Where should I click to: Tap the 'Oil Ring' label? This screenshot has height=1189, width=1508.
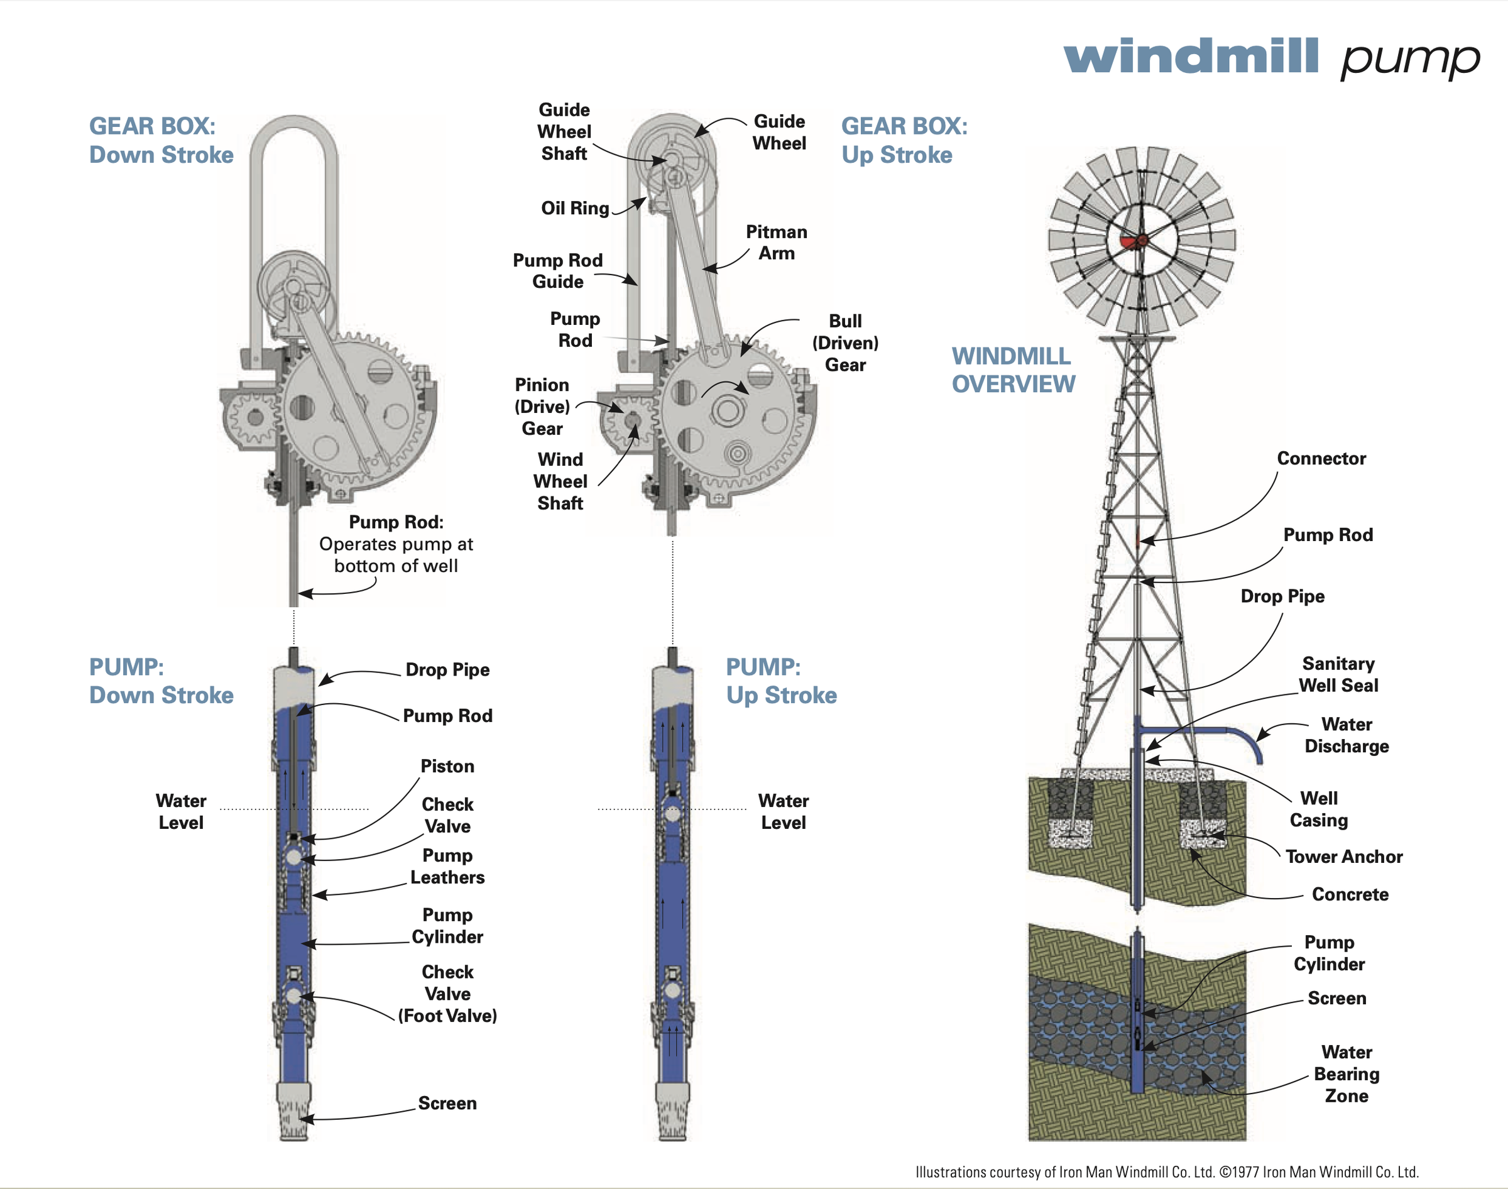[575, 208]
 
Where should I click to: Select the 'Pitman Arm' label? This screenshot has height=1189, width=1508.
[776, 242]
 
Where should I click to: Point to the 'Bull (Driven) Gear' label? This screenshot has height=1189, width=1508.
[845, 342]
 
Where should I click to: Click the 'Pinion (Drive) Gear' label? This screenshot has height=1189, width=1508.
[542, 407]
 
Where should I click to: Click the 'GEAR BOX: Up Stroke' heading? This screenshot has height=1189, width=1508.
[904, 140]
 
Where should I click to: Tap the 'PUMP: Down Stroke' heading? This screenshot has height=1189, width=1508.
[161, 681]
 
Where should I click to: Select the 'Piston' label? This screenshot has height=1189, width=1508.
[447, 766]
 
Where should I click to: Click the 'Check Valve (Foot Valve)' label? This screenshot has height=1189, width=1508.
[447, 994]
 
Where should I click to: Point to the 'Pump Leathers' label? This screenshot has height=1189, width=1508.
[447, 866]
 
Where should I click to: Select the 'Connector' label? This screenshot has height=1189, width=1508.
[1320, 458]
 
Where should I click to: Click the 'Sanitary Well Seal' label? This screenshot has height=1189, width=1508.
[1338, 674]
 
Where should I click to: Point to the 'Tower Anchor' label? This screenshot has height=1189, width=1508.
[1343, 857]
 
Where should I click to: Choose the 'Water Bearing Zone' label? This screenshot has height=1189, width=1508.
[1346, 1073]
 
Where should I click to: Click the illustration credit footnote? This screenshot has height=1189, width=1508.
[1166, 1171]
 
